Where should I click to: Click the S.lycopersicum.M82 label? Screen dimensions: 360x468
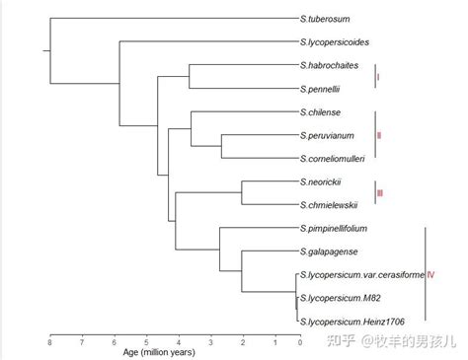[345, 298]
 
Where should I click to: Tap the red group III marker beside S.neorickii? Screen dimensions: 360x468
[380, 193]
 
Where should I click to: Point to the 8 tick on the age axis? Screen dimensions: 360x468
[49, 342]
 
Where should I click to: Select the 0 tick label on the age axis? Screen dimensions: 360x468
[299, 342]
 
